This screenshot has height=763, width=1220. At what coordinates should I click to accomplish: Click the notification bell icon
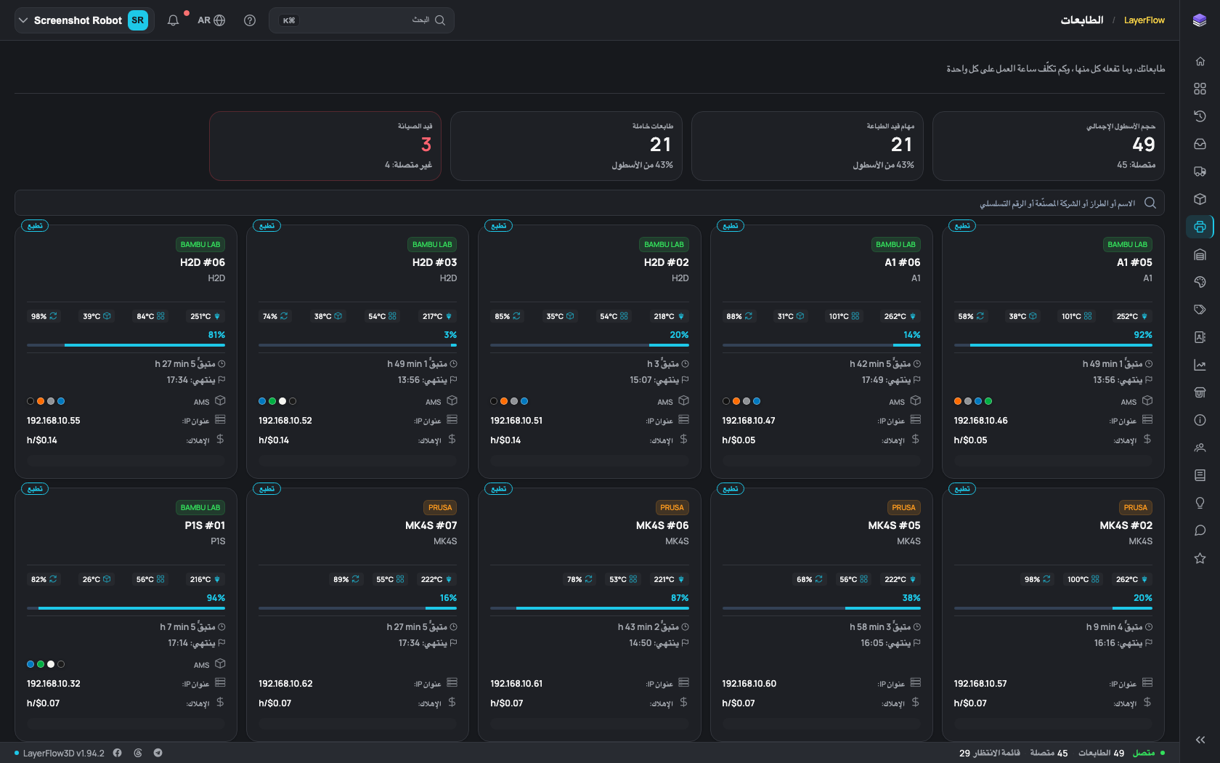click(x=173, y=20)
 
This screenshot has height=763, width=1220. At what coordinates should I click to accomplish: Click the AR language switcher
click(x=211, y=20)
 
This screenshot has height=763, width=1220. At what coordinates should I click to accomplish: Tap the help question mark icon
click(x=250, y=20)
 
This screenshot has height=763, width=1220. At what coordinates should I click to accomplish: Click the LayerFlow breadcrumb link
click(x=1144, y=20)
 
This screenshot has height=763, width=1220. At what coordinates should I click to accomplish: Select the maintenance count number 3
click(x=426, y=145)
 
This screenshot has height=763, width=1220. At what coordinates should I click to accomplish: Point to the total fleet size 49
click(x=1144, y=145)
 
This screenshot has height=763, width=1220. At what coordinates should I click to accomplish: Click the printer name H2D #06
click(x=203, y=262)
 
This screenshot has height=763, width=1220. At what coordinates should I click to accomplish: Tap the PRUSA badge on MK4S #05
click(x=903, y=507)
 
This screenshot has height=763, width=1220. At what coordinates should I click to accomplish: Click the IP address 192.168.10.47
click(x=748, y=421)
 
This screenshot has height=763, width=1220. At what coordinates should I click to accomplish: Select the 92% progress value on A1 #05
click(x=1143, y=334)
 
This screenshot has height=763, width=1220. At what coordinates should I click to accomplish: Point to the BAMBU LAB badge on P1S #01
click(x=200, y=507)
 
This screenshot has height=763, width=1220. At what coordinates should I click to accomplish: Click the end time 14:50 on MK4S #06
click(x=640, y=643)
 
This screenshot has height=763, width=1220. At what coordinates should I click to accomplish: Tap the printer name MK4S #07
click(x=431, y=525)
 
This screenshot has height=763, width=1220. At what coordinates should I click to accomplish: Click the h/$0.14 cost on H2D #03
click(x=274, y=440)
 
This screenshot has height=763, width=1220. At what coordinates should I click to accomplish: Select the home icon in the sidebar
click(x=1200, y=61)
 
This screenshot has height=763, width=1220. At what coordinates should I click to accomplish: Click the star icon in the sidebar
click(x=1200, y=558)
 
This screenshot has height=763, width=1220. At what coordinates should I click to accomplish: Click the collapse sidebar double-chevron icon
click(x=1200, y=740)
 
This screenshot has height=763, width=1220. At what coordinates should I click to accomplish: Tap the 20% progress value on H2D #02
click(x=679, y=334)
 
